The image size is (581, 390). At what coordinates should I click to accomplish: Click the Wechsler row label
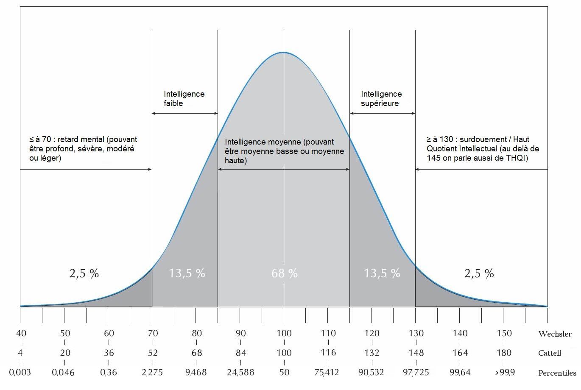pyautogui.click(x=555, y=334)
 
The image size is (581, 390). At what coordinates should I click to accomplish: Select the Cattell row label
pyautogui.click(x=550, y=353)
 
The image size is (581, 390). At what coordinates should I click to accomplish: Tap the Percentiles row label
pyautogui.click(x=557, y=373)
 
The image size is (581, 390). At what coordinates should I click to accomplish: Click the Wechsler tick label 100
pyautogui.click(x=284, y=333)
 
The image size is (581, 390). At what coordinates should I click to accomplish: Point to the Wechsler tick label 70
pyautogui.click(x=153, y=333)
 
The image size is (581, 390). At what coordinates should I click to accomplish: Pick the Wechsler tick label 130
pyautogui.click(x=416, y=333)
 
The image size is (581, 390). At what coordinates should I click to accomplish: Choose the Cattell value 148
pyautogui.click(x=416, y=353)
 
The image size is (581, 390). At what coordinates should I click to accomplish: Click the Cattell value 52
pyautogui.click(x=153, y=353)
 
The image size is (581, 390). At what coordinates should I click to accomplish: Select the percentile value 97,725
pyautogui.click(x=416, y=373)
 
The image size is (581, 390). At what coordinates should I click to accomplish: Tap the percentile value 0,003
pyautogui.click(x=20, y=373)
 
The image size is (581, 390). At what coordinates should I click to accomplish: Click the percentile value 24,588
pyautogui.click(x=240, y=373)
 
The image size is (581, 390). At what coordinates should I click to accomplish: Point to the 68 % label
pyautogui.click(x=285, y=273)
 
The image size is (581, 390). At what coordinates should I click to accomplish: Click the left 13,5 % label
pyautogui.click(x=187, y=273)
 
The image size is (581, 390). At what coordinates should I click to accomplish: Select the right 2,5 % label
pyautogui.click(x=479, y=273)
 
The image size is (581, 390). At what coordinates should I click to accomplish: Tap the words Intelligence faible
pyautogui.click(x=184, y=98)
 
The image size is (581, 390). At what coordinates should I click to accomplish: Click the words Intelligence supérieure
pyautogui.click(x=381, y=98)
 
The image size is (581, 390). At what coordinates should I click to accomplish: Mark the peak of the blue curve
pyautogui.click(x=283, y=52)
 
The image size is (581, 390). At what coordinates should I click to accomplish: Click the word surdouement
pyautogui.click(x=479, y=139)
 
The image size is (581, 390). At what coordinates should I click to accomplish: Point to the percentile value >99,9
pyautogui.click(x=504, y=373)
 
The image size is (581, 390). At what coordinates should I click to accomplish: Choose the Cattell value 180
pyautogui.click(x=504, y=353)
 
